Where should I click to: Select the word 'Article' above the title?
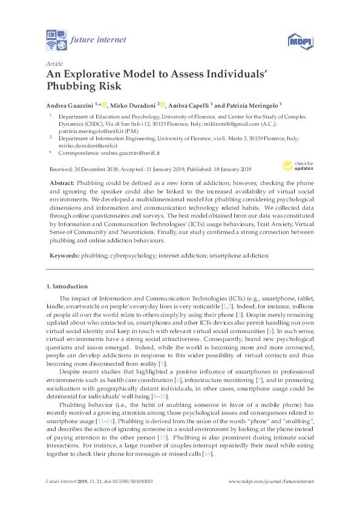(53, 62)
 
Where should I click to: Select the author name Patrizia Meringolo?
(251, 104)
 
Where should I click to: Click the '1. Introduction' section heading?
(67, 287)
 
